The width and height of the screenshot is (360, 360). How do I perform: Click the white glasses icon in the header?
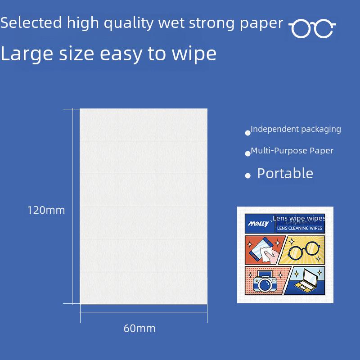(312, 29)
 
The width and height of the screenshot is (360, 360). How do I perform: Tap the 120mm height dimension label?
(46, 210)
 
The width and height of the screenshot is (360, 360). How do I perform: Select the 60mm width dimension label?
(139, 328)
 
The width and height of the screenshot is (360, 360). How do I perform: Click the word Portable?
(285, 174)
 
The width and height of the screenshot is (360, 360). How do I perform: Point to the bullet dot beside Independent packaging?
(247, 133)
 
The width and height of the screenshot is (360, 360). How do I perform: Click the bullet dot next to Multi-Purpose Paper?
(247, 154)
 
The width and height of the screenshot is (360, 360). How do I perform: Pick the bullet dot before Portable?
(247, 176)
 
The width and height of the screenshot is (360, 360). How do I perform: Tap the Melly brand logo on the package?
(259, 223)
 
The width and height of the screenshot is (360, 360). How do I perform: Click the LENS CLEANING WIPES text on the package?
(299, 229)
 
